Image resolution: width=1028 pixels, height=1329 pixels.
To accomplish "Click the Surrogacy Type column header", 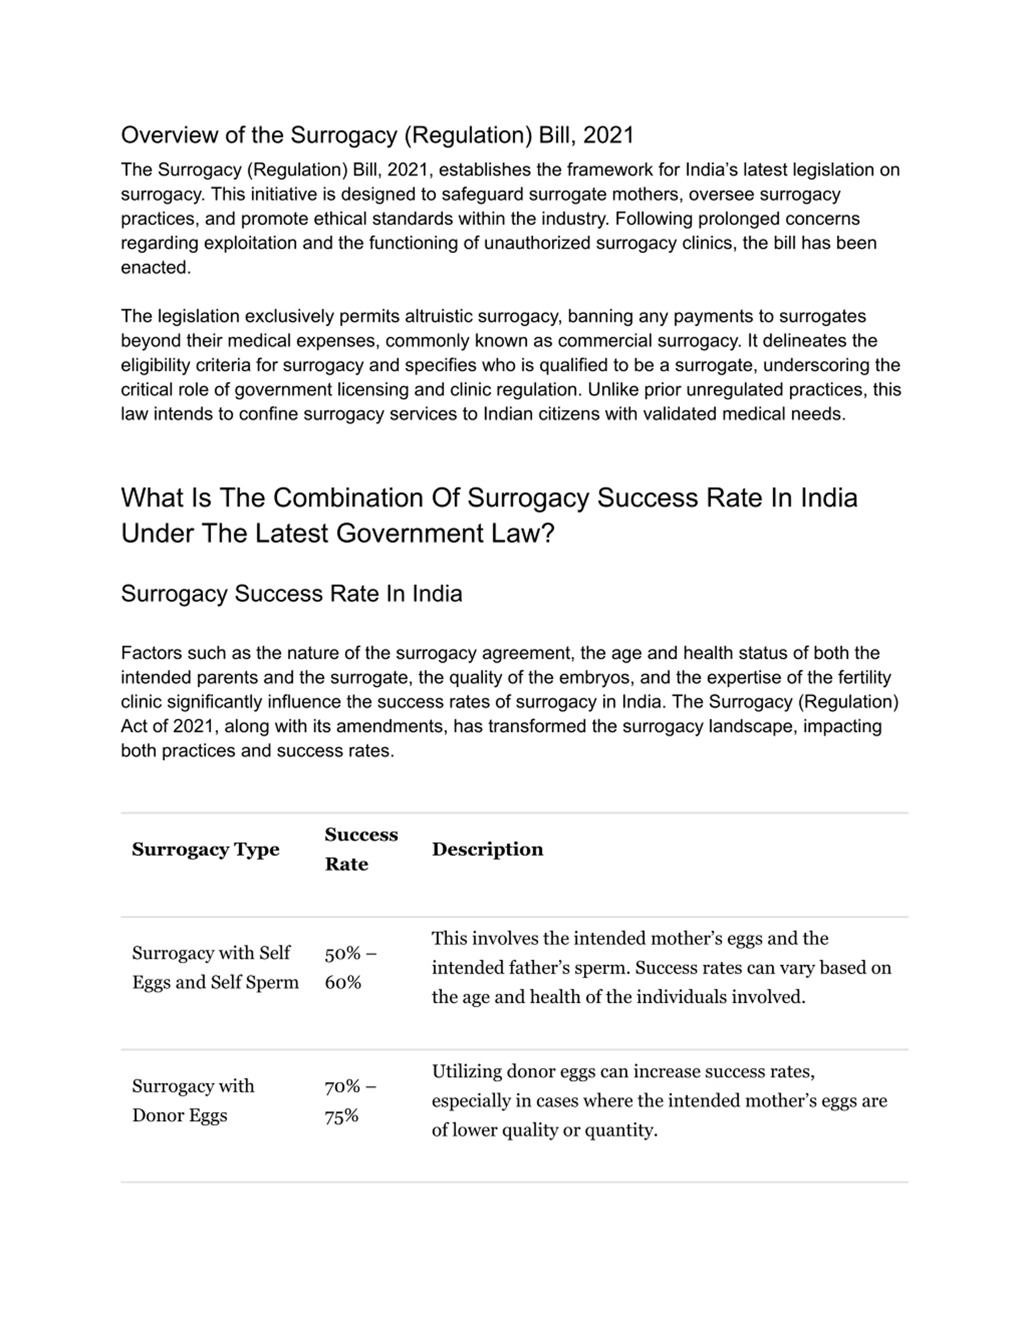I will [205, 850].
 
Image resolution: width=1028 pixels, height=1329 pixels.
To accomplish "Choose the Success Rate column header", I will [361, 850].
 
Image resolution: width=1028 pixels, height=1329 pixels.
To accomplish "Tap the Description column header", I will [487, 850].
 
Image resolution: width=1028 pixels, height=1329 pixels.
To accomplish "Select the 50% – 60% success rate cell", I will [350, 968].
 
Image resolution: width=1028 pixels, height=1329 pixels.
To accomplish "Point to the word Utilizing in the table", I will [468, 1071].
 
